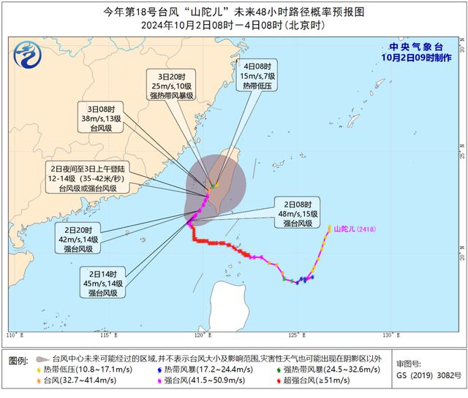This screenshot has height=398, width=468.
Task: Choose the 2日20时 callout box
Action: coord(78,240)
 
